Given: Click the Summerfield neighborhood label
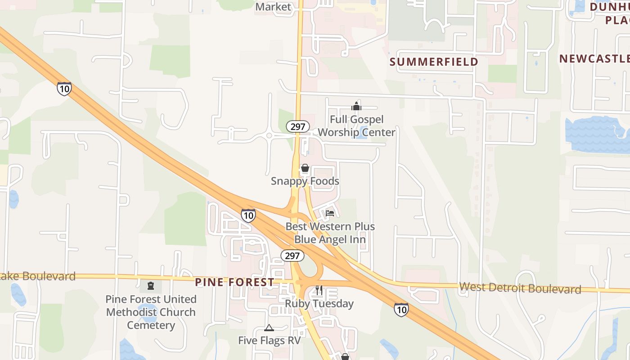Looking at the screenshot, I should point(433,62).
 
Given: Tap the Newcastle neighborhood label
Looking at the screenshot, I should point(594,58).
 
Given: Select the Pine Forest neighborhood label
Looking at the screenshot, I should point(234,282).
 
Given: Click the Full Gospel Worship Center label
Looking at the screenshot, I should point(356,126).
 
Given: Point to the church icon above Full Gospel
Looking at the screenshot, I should point(356,106).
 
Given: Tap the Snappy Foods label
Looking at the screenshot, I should point(305,181).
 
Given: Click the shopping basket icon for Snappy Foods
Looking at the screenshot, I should point(305,169).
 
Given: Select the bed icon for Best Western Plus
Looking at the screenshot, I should point(330,213).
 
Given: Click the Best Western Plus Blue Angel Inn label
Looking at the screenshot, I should point(330,233).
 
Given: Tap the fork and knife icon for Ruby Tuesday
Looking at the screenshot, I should point(319,290).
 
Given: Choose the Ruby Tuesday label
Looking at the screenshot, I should point(319,304).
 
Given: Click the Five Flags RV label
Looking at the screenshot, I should point(269,340).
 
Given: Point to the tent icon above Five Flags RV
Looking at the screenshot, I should point(269,328).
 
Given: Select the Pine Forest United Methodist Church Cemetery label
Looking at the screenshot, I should point(151,312).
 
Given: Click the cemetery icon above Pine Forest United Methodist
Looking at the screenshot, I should point(150,286).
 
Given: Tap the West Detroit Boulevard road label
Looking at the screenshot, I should point(520,288).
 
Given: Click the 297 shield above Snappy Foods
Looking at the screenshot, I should point(297,126).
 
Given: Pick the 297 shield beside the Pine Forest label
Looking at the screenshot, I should point(292,256).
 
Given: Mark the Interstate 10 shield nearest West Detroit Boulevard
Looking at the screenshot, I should point(401,309).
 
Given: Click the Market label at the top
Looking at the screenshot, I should point(273,7).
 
